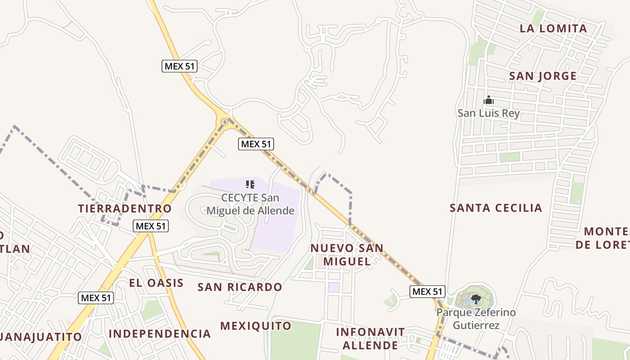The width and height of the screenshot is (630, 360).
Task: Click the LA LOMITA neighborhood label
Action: (x=553, y=28)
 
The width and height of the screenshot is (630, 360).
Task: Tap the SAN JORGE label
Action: (x=543, y=76)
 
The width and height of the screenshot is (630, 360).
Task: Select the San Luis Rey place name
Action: (x=489, y=113)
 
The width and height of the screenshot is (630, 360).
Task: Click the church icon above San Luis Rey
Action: (x=489, y=100)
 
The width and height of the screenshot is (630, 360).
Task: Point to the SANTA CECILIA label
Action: (x=496, y=208)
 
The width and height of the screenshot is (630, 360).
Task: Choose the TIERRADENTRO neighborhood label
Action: (x=125, y=209)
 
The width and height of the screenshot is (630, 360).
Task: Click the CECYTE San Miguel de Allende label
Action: (x=250, y=204)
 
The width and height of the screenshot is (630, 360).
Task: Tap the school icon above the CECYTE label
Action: (x=250, y=184)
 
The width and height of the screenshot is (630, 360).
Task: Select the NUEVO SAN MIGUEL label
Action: (x=347, y=254)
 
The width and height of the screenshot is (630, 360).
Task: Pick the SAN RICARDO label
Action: (x=240, y=287)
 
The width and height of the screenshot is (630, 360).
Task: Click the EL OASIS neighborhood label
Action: (x=156, y=283)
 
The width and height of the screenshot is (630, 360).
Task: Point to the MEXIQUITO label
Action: (x=256, y=325)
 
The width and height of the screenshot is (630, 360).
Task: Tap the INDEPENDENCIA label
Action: (x=160, y=333)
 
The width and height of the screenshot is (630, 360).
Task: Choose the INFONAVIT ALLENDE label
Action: (x=370, y=338)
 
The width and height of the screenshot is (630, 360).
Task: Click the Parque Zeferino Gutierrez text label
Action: (x=476, y=319)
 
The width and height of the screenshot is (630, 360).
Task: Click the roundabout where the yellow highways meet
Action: (x=225, y=121)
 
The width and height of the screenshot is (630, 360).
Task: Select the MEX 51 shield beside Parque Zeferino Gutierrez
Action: (x=427, y=292)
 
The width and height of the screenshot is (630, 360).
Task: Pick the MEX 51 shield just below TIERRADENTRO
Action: (x=151, y=226)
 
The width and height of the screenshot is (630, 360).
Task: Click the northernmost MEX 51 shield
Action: (x=180, y=66)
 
